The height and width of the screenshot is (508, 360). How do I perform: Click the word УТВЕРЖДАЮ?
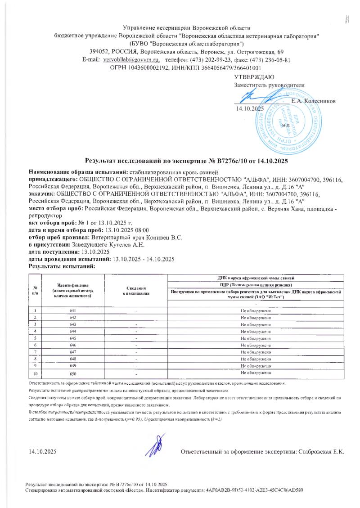click(x=254, y=77)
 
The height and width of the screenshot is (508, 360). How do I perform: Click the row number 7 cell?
click(x=35, y=352)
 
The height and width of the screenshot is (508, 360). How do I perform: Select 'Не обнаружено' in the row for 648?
click(x=256, y=359)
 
